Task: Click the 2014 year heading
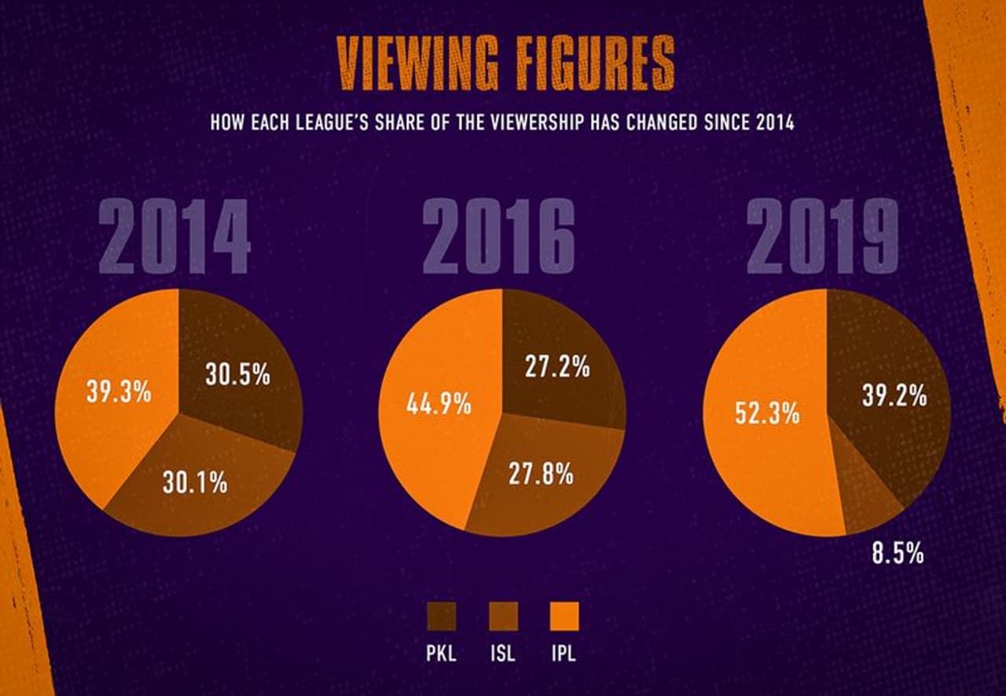click(x=174, y=237)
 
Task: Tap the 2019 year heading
click(x=823, y=237)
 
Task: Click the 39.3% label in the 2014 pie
click(x=119, y=391)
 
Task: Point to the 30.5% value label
click(x=237, y=375)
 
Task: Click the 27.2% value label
click(x=557, y=367)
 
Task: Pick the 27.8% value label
click(x=541, y=474)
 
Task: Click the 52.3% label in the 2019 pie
click(x=767, y=412)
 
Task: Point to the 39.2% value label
click(x=894, y=397)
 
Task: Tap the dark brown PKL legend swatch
click(x=441, y=617)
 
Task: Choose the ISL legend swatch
click(x=502, y=617)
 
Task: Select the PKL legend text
click(x=441, y=654)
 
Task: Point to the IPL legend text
click(x=563, y=654)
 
